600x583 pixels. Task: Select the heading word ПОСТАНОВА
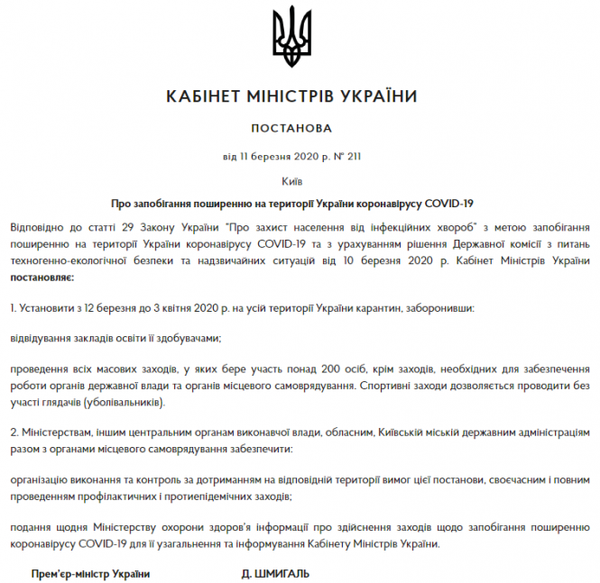click(x=292, y=129)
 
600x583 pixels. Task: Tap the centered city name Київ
click(x=291, y=180)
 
